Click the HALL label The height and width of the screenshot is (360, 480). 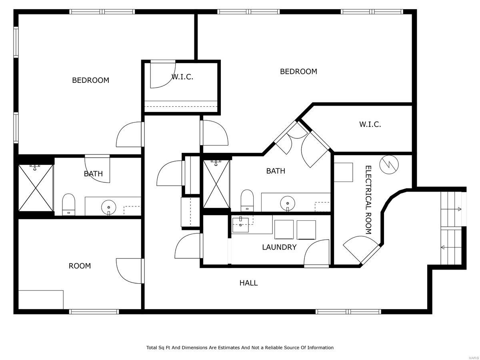click(x=248, y=283)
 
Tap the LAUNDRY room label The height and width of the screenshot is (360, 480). click(x=279, y=247)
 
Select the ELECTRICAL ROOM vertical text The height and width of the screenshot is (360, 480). click(x=368, y=200)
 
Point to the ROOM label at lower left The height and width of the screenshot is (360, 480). click(x=80, y=266)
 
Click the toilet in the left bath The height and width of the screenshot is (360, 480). click(x=69, y=204)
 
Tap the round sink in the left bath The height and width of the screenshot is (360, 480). click(x=108, y=207)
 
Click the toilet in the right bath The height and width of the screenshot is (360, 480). click(x=247, y=200)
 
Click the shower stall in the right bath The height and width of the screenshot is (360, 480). click(x=216, y=184)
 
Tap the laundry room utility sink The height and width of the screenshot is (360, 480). click(x=241, y=224)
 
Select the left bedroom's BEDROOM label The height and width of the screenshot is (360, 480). click(x=90, y=80)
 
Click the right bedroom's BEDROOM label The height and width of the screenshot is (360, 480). click(x=298, y=72)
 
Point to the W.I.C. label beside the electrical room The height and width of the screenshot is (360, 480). click(x=370, y=124)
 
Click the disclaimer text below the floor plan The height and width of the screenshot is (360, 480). click(x=240, y=348)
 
